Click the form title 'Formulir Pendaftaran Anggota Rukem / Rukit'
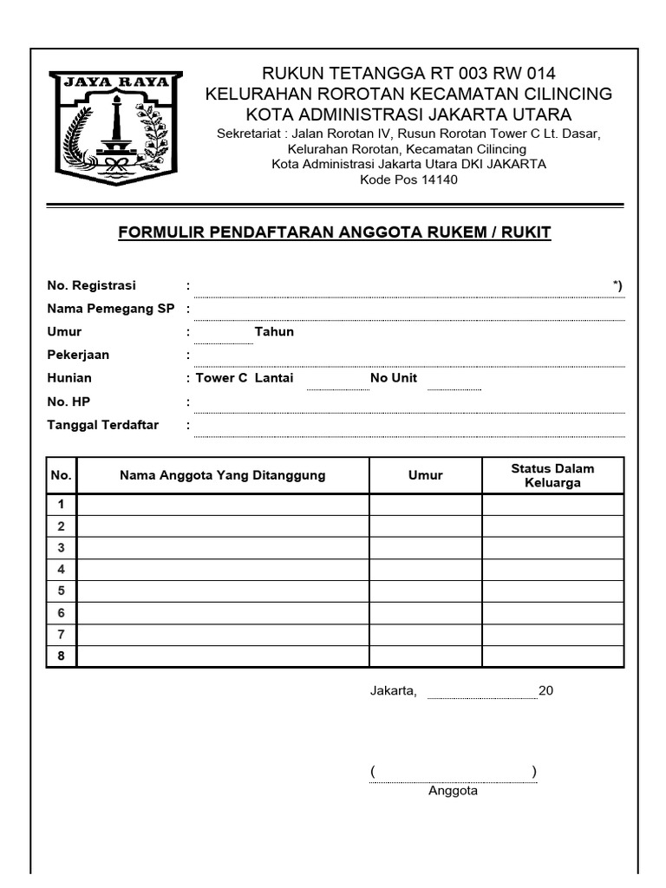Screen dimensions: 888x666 coord(334,232)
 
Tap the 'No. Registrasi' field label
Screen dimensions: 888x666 coord(91,285)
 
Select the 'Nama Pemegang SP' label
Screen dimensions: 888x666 coord(111,309)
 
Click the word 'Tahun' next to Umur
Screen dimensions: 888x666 coord(274,332)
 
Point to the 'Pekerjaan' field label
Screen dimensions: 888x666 coord(78,355)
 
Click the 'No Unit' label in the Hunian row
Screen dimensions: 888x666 coord(394,378)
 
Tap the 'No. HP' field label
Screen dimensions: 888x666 coord(69,402)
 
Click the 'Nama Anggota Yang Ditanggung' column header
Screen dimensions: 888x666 coord(223,475)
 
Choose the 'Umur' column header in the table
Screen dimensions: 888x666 coord(426,475)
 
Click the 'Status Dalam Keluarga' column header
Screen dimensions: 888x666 coord(552,475)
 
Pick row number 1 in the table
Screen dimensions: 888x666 coord(62,505)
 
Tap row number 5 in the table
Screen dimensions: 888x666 coord(62,591)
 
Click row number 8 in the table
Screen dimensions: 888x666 coord(62,656)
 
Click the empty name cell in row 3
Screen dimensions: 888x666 coord(223,548)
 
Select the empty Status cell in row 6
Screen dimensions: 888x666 coord(552,613)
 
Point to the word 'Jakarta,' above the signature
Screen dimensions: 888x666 coord(394,691)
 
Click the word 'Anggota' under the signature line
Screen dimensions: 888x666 coord(453,791)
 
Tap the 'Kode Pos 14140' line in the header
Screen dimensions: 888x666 coord(408,180)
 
